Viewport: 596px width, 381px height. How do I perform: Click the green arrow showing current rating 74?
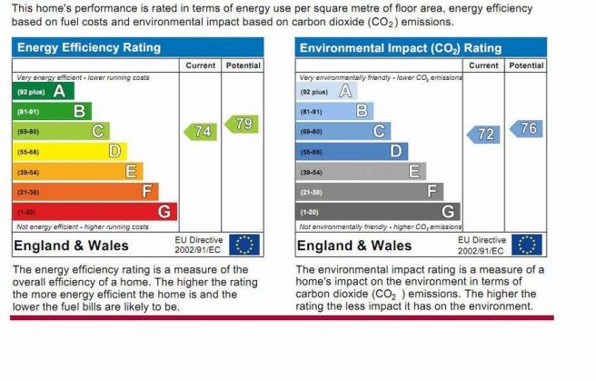click(x=201, y=132)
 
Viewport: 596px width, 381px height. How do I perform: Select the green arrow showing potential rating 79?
click(x=242, y=124)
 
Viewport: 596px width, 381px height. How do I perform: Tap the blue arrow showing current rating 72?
click(x=483, y=135)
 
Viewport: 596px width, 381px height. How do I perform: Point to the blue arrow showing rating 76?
click(x=526, y=128)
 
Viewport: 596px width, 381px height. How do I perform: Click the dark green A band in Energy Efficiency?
click(x=44, y=91)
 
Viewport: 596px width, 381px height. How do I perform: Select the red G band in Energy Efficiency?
click(x=94, y=211)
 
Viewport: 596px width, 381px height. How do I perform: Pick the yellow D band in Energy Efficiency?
click(x=70, y=151)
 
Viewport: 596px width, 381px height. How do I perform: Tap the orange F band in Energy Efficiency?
click(x=85, y=192)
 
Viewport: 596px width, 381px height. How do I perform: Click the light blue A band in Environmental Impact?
click(x=326, y=91)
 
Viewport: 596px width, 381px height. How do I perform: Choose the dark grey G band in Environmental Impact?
click(x=378, y=211)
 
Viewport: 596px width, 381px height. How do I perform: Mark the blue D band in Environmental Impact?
click(x=352, y=151)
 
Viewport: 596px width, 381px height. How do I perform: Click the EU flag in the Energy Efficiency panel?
click(x=244, y=245)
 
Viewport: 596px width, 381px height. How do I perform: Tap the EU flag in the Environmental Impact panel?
click(x=527, y=245)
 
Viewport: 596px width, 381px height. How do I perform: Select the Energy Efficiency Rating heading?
click(x=89, y=47)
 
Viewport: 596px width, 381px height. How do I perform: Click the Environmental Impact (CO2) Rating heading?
click(x=401, y=48)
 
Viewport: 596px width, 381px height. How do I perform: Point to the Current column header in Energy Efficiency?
click(x=200, y=65)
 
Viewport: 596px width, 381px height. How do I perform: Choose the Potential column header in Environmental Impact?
click(x=526, y=65)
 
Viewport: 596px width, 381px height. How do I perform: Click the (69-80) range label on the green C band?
click(x=28, y=132)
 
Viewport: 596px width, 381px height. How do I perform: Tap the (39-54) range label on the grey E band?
click(x=312, y=173)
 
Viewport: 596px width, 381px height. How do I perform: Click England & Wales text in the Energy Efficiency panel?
click(x=71, y=246)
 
